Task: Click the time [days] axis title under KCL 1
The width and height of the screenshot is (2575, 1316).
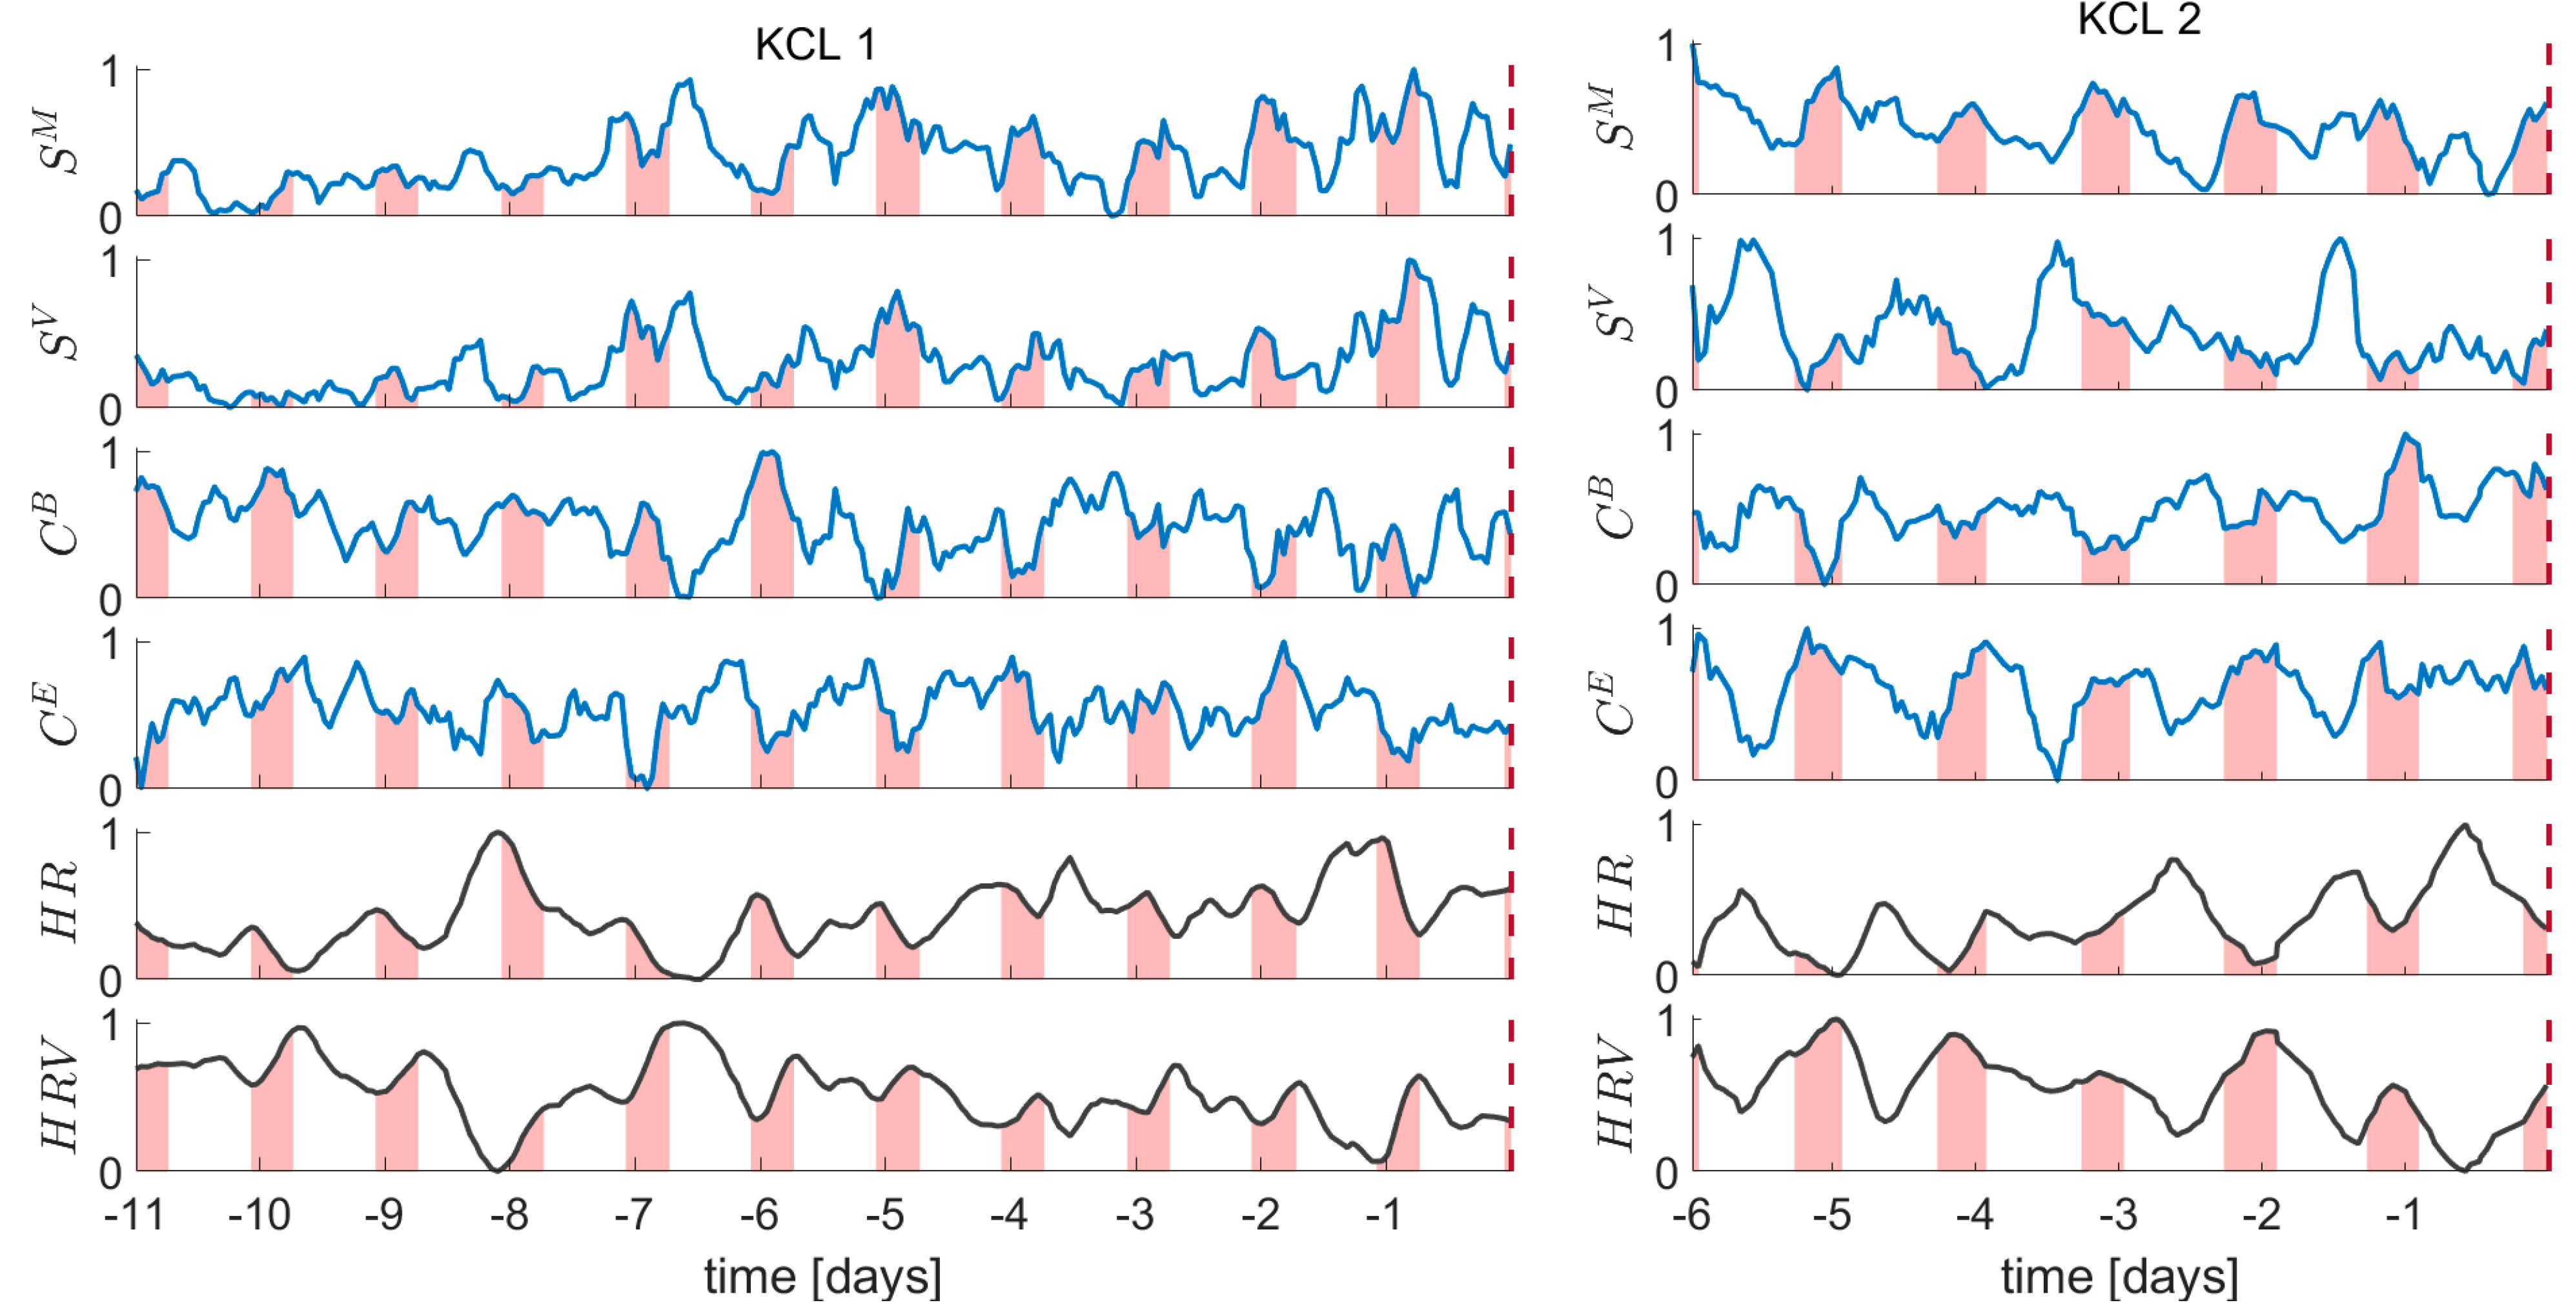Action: (x=822, y=1277)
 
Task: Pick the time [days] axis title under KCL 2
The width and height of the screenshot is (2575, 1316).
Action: (x=2119, y=1277)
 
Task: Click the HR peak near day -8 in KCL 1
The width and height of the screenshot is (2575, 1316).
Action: (x=498, y=833)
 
